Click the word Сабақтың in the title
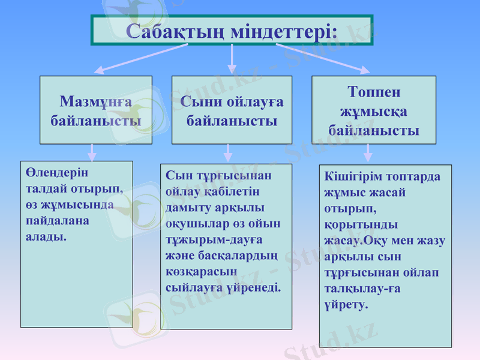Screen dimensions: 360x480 176,31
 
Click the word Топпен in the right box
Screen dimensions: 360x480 374,93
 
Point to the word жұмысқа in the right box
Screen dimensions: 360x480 374,112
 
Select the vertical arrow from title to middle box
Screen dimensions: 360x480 232,60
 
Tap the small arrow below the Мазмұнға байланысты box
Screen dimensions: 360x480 92,152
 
